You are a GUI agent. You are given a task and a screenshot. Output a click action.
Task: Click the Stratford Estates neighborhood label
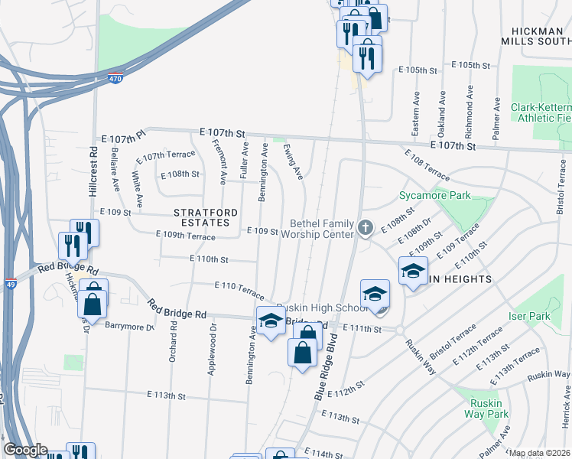point(201,216)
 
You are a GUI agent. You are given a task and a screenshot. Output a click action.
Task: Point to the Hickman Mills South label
point(535,35)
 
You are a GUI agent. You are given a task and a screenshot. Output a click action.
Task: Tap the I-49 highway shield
point(11,283)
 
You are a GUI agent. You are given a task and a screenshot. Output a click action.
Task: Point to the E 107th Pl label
point(123,138)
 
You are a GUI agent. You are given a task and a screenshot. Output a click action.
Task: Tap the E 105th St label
point(418,70)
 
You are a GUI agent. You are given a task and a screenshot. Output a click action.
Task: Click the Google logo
point(25,450)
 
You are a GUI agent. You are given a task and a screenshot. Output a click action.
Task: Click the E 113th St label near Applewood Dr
point(167,396)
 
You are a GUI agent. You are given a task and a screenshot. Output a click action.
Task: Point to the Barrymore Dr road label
point(129,327)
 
